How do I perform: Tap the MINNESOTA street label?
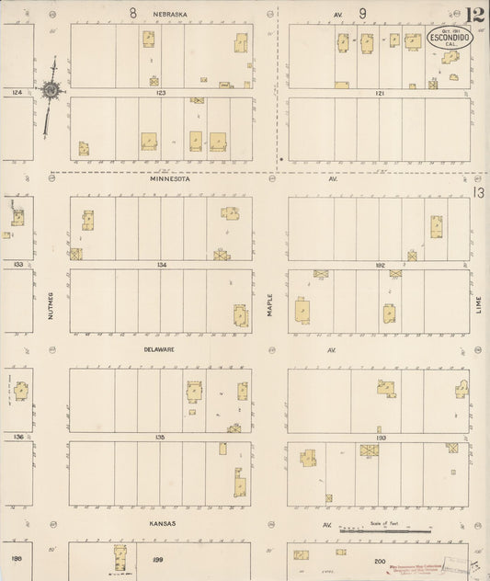pos(171,180)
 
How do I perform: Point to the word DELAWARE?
pos(159,350)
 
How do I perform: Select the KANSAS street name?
pos(163,523)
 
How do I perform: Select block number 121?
pos(381,93)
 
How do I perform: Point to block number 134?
pos(162,265)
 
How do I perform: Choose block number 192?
pos(381,265)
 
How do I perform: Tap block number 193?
pos(381,438)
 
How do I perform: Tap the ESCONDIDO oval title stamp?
pos(449,39)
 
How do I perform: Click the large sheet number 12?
pos(475,15)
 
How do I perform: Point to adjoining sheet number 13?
pos(479,193)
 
